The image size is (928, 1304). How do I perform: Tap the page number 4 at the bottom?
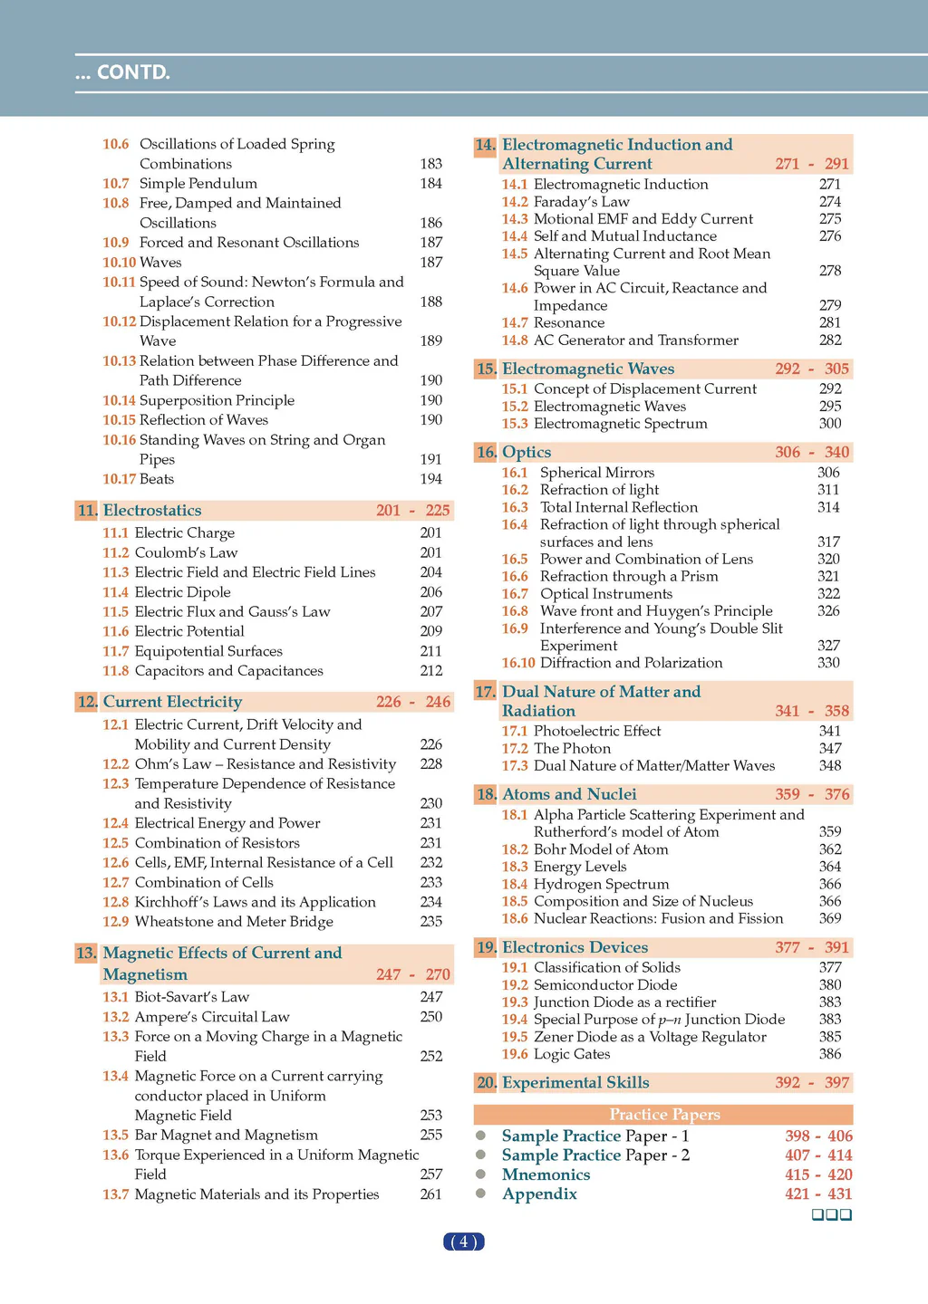463,1242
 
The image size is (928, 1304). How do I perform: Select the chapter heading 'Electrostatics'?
152,511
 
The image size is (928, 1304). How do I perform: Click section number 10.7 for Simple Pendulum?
115,184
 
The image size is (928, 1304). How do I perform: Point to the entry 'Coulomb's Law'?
186,552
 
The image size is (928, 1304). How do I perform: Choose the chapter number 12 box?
87,702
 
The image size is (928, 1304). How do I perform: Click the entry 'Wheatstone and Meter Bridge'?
234,922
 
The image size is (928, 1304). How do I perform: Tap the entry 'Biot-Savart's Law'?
191,997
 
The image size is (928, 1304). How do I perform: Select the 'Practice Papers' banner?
664,1115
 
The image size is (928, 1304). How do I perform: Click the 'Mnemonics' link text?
546,1175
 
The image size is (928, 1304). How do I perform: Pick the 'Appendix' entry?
539,1194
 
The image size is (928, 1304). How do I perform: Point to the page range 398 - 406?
818,1136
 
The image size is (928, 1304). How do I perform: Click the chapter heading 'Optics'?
527,452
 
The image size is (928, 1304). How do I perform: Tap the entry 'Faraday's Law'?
581,202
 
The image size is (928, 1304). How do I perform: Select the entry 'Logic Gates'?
572,1054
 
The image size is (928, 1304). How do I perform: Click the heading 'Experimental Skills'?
575,1083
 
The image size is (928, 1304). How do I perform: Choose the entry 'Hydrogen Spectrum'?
601,884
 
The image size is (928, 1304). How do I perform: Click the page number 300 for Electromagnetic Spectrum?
830,424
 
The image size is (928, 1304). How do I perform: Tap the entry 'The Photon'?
572,748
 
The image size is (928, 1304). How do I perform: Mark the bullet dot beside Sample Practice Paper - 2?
481,1155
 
